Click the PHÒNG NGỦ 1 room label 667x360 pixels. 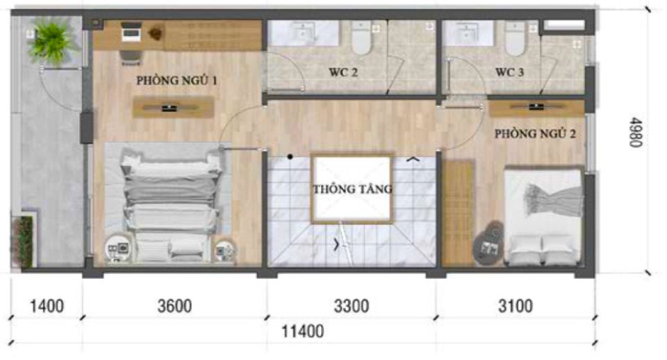[x=176, y=81]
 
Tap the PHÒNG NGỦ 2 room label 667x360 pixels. [x=535, y=134]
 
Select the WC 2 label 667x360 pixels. [x=343, y=72]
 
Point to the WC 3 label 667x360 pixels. [x=509, y=72]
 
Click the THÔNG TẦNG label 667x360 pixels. [x=353, y=188]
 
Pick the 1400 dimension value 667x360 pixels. [x=47, y=306]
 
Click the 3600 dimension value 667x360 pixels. [x=174, y=306]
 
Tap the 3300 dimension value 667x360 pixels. [x=352, y=306]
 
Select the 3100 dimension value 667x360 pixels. [x=516, y=306]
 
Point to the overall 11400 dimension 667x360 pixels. [x=303, y=331]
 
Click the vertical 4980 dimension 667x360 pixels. [x=635, y=132]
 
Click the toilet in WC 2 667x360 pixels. [x=361, y=38]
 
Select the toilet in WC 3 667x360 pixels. [x=515, y=38]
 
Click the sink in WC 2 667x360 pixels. [x=304, y=33]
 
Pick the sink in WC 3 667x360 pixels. [x=467, y=32]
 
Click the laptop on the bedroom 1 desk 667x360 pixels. [x=131, y=31]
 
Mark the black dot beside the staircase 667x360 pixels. [x=290, y=157]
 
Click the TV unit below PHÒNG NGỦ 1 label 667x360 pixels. [x=173, y=108]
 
